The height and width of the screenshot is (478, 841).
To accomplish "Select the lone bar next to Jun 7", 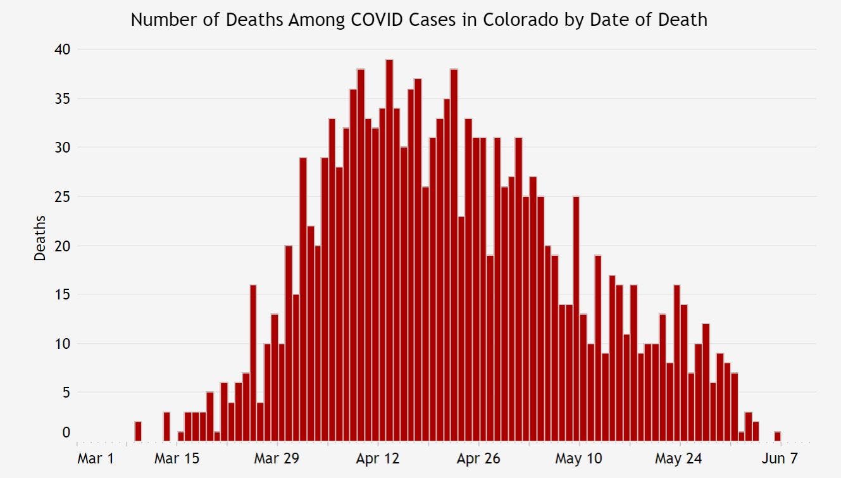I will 777,437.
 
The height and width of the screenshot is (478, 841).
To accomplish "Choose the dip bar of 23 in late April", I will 461,329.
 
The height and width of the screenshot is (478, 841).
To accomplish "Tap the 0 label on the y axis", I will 66,432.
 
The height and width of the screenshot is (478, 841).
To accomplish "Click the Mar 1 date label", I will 95,458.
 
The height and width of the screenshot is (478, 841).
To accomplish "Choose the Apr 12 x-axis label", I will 378,458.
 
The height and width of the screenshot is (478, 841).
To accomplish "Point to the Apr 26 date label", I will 478,458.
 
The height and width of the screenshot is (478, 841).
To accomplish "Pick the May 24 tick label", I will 679,458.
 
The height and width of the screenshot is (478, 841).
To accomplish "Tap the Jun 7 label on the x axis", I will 780,458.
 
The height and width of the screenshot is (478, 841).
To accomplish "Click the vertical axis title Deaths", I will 40,239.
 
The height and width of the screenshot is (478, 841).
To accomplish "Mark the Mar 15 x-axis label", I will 177,458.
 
